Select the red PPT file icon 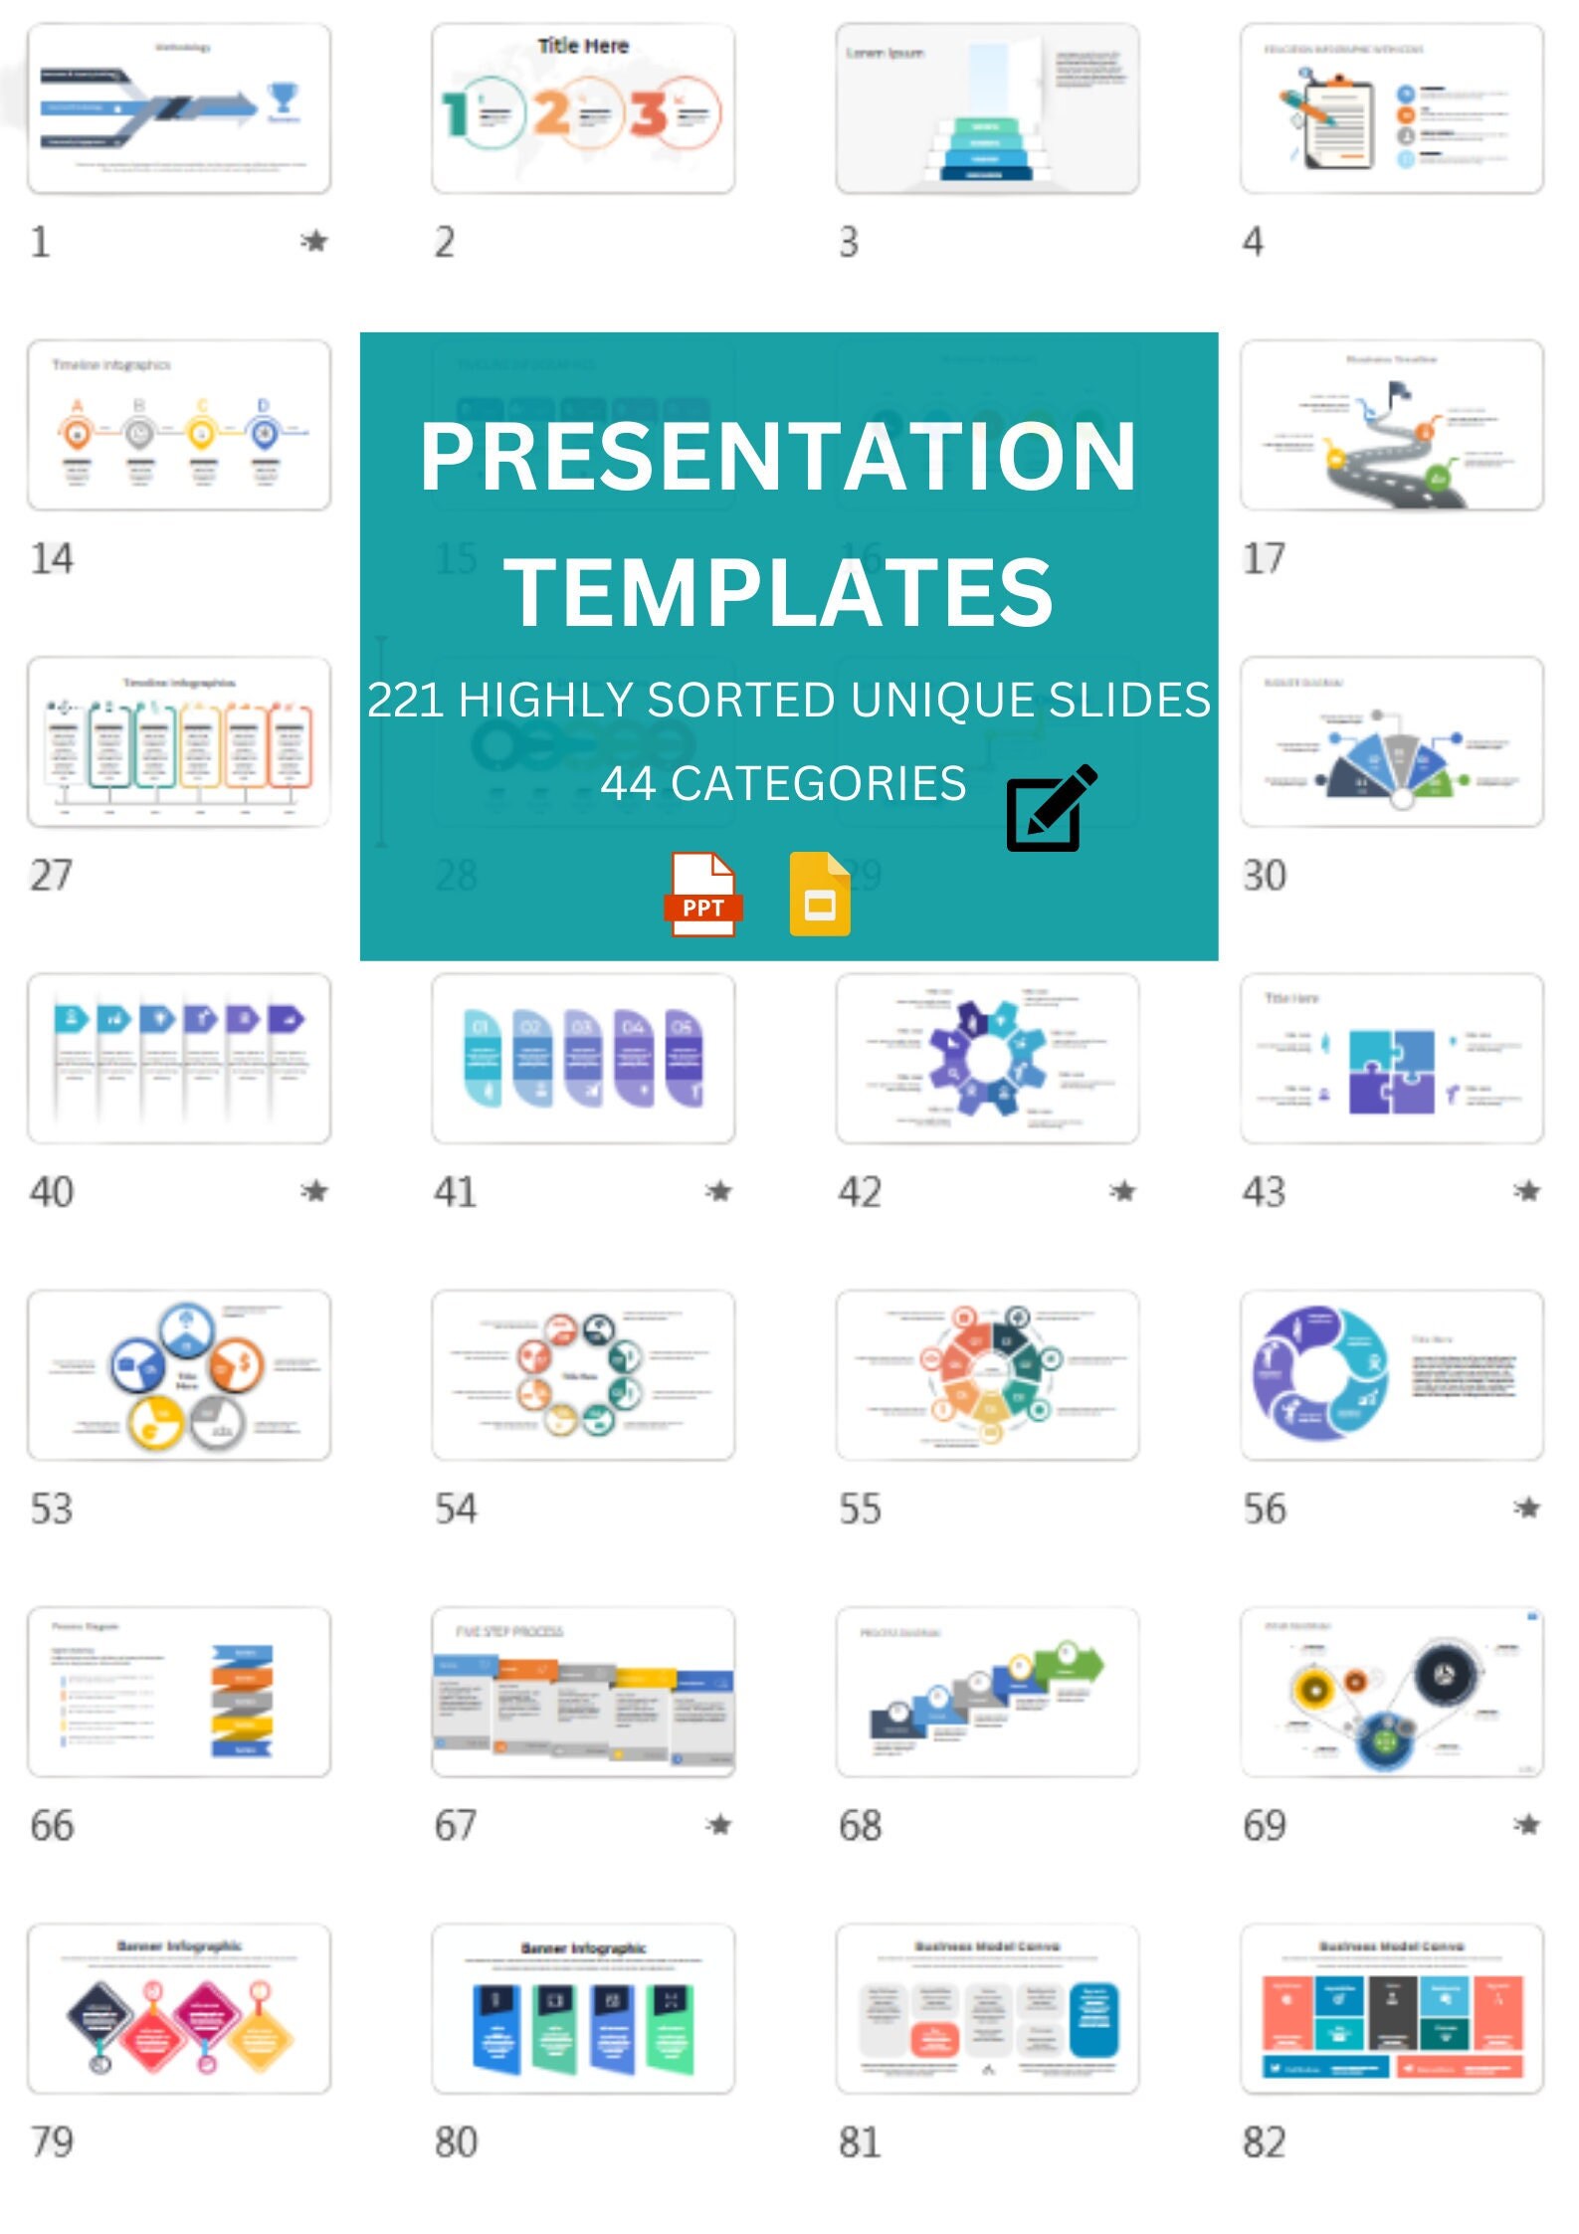(x=702, y=894)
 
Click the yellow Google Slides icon (x=819, y=894)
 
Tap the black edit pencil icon (x=1051, y=808)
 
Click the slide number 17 (x=1264, y=558)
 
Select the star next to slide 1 (x=314, y=241)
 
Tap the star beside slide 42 (x=1123, y=1190)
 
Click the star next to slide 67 (x=719, y=1824)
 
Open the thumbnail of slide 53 (x=179, y=1374)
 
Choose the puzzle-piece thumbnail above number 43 (x=1391, y=1059)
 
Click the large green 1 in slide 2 (x=456, y=113)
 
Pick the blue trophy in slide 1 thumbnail (x=283, y=98)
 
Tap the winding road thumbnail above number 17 (x=1391, y=426)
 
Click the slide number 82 (x=1264, y=2141)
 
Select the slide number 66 (x=52, y=1825)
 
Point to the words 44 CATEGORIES (x=783, y=783)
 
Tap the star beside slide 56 (x=1527, y=1508)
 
